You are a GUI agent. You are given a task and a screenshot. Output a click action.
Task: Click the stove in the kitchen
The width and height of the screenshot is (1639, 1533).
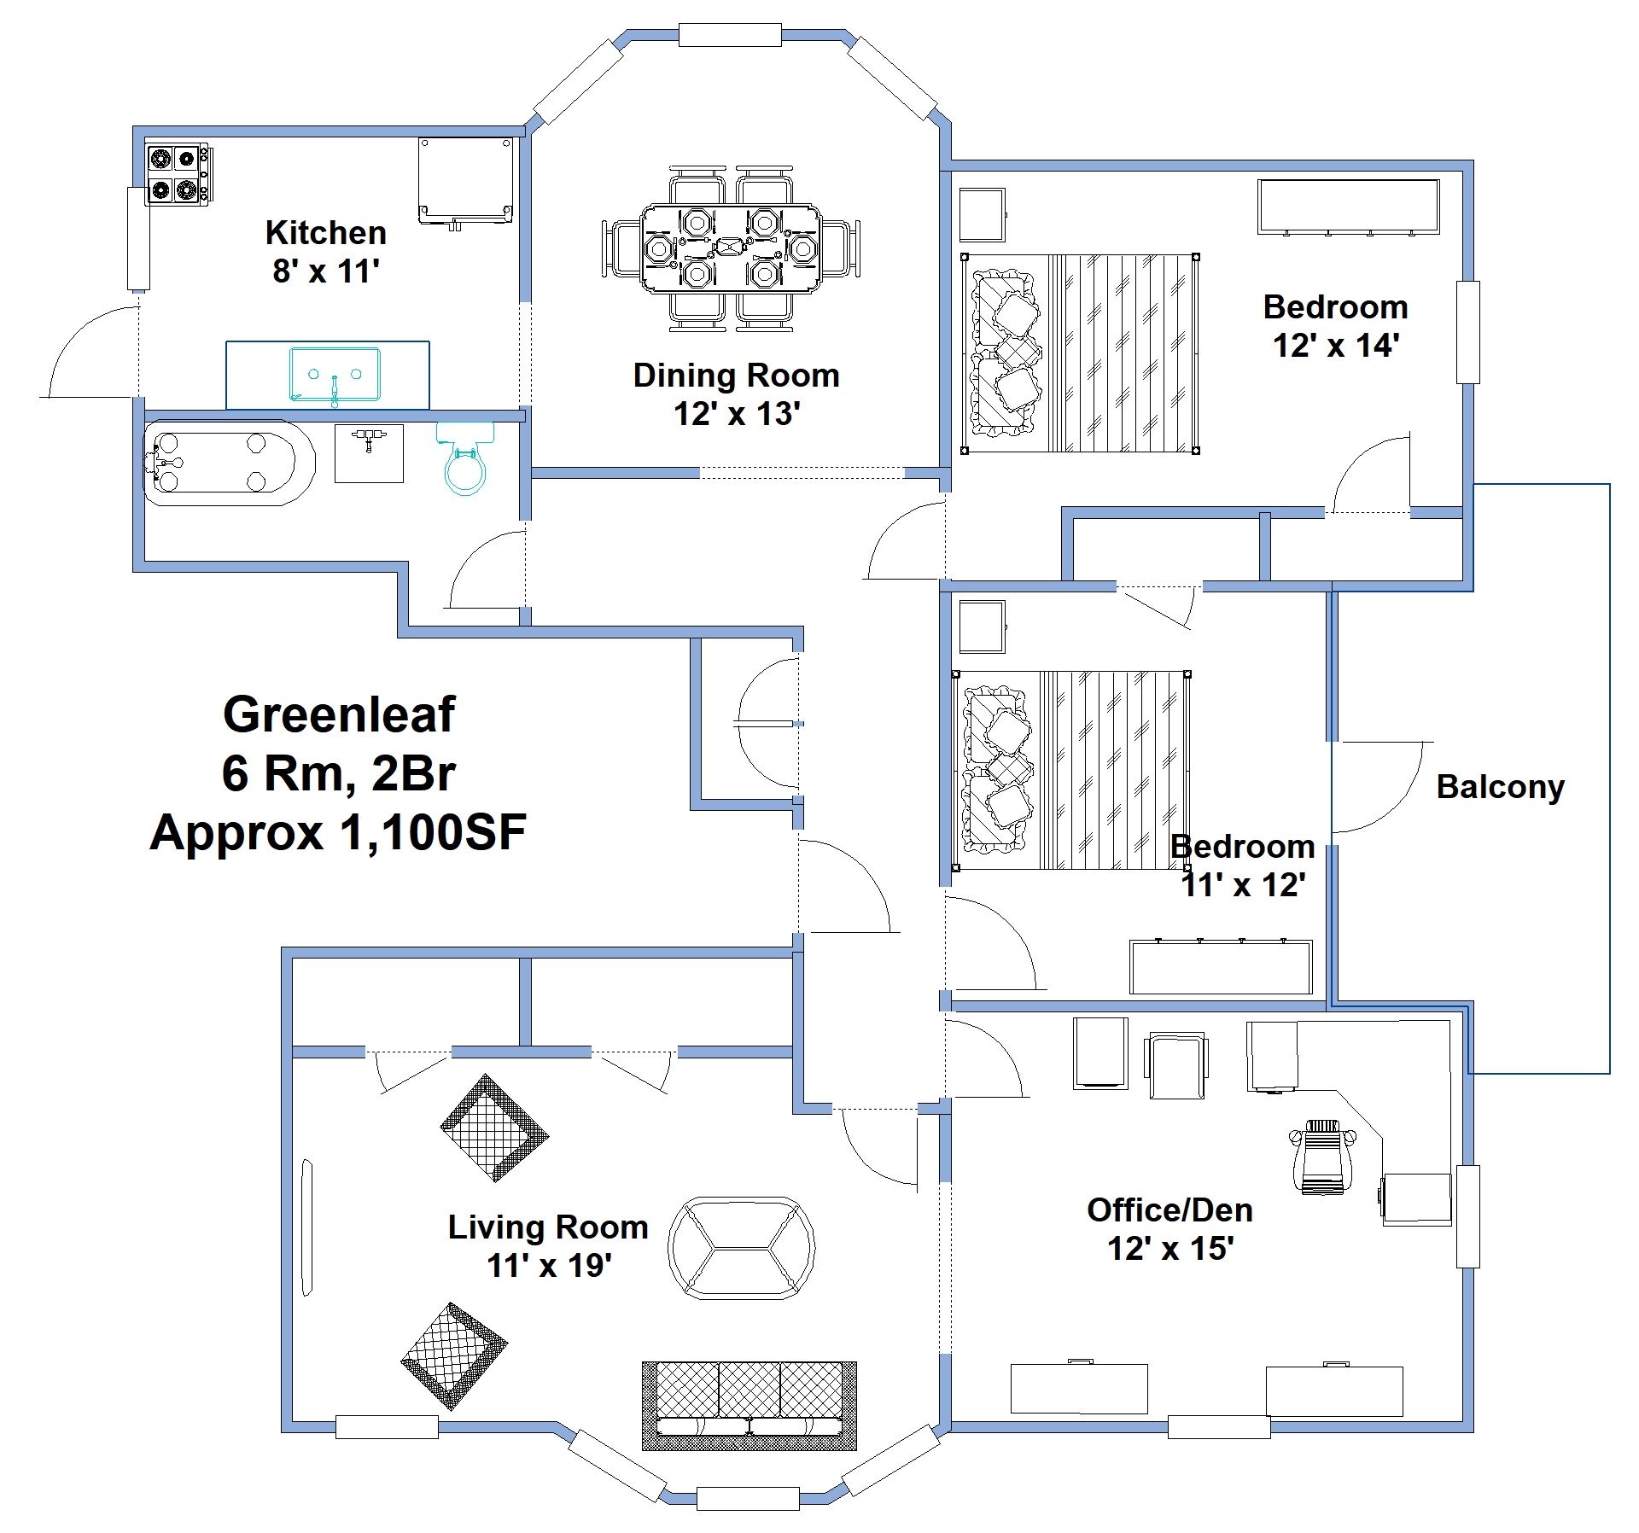click(x=178, y=175)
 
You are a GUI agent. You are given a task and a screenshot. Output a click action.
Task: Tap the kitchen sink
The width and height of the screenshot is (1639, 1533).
click(x=334, y=374)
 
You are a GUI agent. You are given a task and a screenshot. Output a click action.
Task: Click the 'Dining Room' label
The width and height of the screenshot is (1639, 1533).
click(x=736, y=376)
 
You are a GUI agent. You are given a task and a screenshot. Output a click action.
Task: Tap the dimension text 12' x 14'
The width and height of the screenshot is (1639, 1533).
click(x=1336, y=346)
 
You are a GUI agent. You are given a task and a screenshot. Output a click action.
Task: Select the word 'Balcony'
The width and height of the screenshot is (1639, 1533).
click(x=1500, y=787)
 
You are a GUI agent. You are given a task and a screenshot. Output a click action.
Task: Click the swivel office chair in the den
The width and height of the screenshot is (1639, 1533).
click(x=1321, y=1157)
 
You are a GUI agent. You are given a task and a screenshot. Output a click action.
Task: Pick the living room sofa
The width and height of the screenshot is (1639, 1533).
click(x=749, y=1417)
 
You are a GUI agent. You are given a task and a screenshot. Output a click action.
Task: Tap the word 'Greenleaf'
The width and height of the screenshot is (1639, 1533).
click(x=339, y=714)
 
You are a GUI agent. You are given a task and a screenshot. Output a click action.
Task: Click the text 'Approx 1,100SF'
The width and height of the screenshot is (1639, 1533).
click(x=338, y=832)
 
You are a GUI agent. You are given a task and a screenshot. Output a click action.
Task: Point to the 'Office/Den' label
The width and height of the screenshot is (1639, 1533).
click(x=1169, y=1210)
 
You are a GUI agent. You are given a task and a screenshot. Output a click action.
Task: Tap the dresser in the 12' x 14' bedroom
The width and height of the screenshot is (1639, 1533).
click(x=1348, y=207)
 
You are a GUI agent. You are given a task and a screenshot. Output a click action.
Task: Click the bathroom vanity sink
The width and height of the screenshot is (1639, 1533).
click(x=369, y=453)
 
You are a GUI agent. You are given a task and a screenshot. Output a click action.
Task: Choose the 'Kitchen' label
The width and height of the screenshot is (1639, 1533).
click(x=325, y=233)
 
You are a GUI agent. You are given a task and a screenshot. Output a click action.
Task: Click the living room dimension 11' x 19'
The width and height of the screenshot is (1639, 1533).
click(x=549, y=1266)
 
